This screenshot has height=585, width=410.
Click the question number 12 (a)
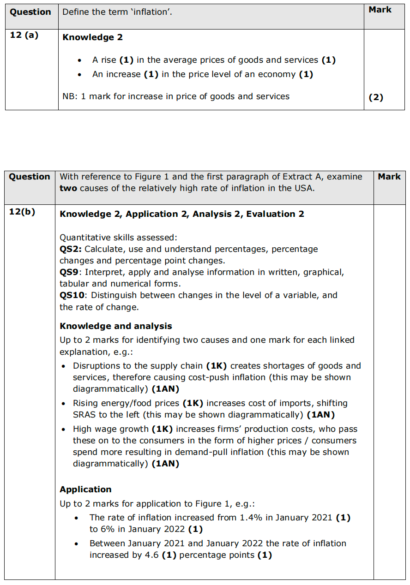click(24, 35)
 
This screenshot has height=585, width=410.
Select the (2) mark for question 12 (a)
click(376, 97)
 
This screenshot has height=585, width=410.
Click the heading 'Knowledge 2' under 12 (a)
click(92, 37)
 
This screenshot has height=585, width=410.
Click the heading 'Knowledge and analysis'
click(115, 326)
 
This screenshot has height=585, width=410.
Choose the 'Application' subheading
click(85, 489)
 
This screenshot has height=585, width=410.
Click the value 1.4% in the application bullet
click(251, 518)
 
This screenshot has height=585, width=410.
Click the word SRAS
click(84, 415)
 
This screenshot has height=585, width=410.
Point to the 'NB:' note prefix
click(70, 96)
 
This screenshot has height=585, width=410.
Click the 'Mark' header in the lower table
click(389, 177)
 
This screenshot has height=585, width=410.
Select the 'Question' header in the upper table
click(30, 12)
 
